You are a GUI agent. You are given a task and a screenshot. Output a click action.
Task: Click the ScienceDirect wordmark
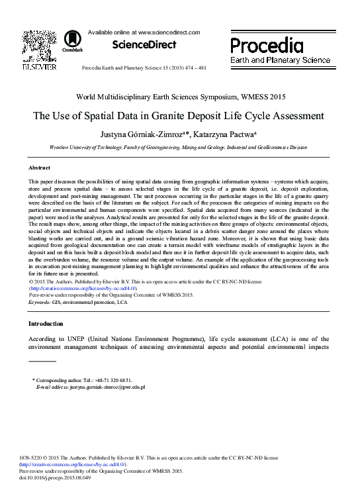[144, 45]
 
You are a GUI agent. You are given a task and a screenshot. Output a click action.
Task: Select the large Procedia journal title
[267, 45]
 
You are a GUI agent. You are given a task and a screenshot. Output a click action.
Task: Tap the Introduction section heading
[46, 324]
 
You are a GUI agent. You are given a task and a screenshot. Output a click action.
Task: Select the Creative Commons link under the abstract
[82, 289]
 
